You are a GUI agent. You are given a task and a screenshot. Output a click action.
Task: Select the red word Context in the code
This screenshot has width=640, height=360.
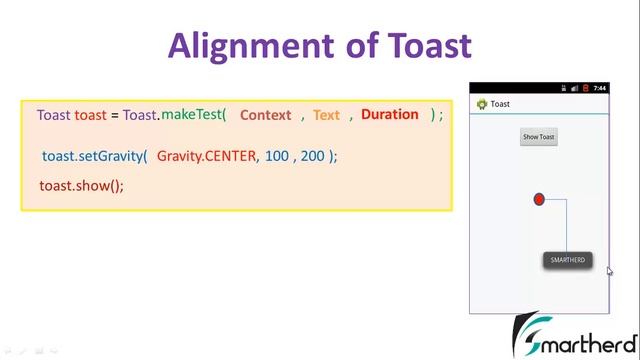[265, 115]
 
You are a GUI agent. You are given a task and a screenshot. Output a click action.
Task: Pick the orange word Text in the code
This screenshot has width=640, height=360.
[326, 115]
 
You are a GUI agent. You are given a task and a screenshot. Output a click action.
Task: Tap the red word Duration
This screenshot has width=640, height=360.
[389, 114]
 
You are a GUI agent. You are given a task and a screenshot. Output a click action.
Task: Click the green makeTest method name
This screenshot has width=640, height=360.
[193, 114]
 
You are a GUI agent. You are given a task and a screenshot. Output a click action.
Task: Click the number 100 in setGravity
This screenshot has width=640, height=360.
[277, 157]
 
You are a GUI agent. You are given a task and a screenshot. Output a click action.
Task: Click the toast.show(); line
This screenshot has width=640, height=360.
[81, 186]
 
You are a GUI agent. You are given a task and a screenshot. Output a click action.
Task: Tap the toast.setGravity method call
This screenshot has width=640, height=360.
[94, 157]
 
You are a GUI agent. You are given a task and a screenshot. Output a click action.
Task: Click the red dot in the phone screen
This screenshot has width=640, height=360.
[539, 200]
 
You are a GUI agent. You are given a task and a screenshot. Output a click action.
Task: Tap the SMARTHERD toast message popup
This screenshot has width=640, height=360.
[567, 260]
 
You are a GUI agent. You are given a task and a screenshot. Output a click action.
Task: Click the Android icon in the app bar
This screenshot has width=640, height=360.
[481, 104]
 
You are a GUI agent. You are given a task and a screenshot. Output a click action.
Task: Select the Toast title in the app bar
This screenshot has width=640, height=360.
[500, 104]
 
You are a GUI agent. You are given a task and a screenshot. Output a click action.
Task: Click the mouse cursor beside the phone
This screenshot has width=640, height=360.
[610, 270]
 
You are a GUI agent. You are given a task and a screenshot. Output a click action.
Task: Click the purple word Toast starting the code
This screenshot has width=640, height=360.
[53, 115]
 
